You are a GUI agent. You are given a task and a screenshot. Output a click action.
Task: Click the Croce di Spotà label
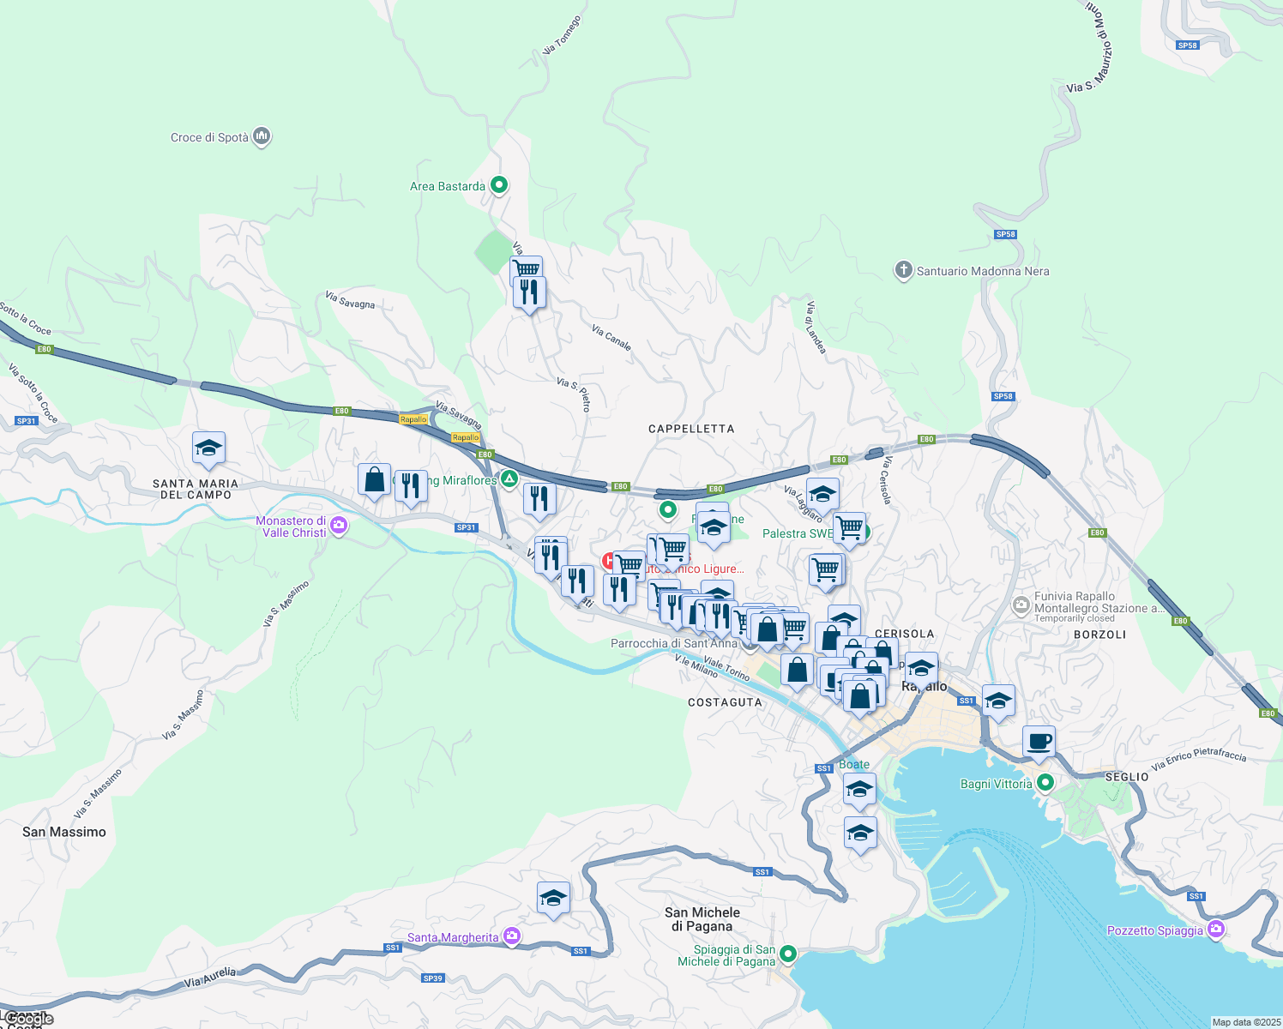click(x=209, y=137)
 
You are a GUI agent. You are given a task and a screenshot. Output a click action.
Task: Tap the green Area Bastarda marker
click(x=498, y=185)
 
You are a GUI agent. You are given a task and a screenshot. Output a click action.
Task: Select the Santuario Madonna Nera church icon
click(x=902, y=271)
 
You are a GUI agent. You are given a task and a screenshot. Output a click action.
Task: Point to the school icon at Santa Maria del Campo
click(x=208, y=448)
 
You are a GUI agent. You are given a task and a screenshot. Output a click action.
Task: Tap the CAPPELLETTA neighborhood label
click(x=691, y=429)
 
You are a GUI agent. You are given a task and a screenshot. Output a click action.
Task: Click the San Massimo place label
click(x=64, y=832)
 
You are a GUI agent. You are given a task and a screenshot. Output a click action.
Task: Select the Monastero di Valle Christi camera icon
click(x=339, y=526)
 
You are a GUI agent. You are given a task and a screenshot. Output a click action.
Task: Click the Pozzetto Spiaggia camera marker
click(x=1215, y=930)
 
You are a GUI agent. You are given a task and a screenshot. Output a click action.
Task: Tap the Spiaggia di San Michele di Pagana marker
click(x=788, y=954)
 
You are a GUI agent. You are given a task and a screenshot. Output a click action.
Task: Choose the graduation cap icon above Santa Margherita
click(x=553, y=899)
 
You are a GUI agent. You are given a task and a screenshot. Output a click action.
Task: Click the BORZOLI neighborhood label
click(x=1099, y=635)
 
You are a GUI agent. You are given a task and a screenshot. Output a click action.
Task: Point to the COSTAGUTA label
click(x=725, y=702)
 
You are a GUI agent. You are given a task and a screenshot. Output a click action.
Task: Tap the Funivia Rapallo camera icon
click(x=1021, y=606)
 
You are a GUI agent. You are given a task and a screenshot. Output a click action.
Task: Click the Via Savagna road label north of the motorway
click(x=350, y=300)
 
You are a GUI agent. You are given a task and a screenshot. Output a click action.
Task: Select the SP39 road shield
click(x=433, y=978)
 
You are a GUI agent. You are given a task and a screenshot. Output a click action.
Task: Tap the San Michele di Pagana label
click(x=702, y=919)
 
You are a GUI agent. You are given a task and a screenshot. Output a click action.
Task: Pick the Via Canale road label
click(x=611, y=338)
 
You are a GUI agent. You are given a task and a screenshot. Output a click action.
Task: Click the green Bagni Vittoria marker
click(x=1045, y=783)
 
